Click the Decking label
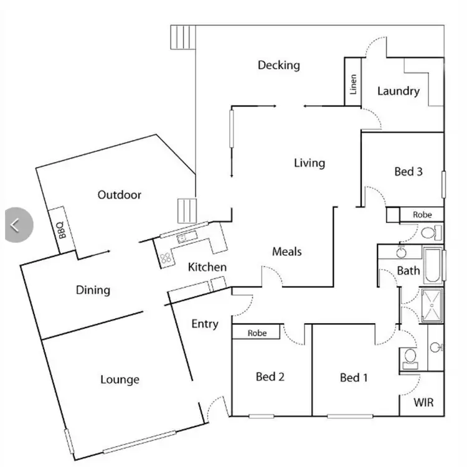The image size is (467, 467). coord(278,65)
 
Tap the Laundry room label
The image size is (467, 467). coord(399,91)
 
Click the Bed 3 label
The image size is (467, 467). coord(408,171)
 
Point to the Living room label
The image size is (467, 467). coord(309,163)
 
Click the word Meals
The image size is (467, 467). coord(287,252)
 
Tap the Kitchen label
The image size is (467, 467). coord(207,267)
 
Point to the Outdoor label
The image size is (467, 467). coord(120,195)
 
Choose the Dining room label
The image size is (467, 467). coord(93,290)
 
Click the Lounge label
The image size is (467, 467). coord(120,379)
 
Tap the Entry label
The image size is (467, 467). coord(205,324)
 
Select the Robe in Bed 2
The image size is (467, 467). coord(257,333)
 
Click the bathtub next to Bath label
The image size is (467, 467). coord(434,265)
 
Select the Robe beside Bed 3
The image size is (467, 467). coord(422,215)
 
